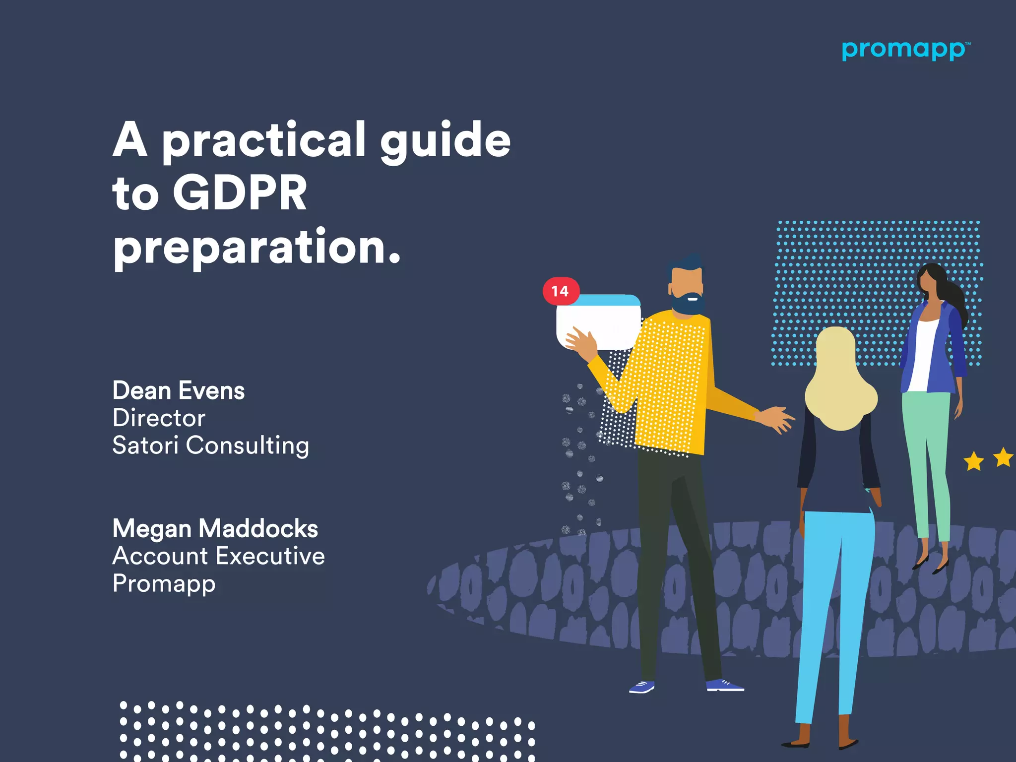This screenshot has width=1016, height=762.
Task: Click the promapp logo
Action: (904, 51)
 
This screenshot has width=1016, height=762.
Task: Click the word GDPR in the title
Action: (240, 193)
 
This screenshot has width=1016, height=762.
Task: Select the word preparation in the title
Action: (255, 247)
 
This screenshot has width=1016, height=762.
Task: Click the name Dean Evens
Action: (179, 390)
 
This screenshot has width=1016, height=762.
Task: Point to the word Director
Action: (159, 418)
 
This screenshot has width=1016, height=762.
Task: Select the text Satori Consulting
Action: (210, 445)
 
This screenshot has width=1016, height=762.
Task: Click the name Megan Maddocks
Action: (215, 528)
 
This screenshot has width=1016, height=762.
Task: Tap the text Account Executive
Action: (218, 556)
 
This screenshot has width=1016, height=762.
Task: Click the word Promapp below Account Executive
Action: (164, 583)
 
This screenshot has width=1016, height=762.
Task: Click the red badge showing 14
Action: (561, 291)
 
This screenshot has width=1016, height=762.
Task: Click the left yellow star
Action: (973, 461)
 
